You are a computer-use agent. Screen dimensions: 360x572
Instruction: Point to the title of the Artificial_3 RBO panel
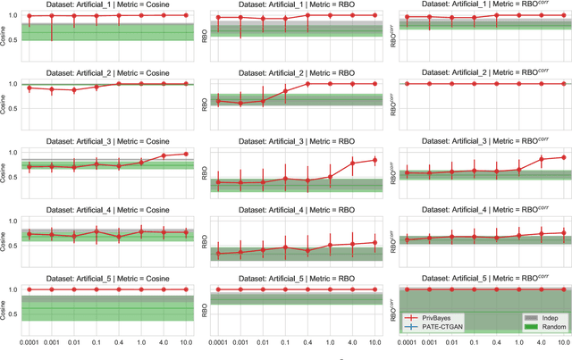click(x=297, y=143)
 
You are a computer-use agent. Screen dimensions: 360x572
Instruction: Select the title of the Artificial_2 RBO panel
click(x=297, y=74)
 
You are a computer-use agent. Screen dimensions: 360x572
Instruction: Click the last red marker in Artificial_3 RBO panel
click(x=374, y=160)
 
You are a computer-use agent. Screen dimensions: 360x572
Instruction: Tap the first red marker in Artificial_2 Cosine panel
click(x=29, y=88)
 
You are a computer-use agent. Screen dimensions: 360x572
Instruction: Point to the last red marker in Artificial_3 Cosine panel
click(x=185, y=154)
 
